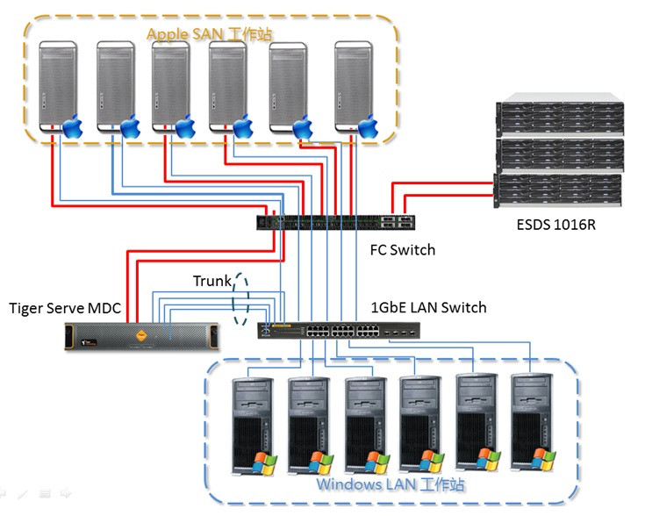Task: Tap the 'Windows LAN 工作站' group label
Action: [x=391, y=484]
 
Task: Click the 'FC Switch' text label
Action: [x=402, y=250]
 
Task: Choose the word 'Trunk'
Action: [x=211, y=282]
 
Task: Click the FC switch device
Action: [x=334, y=223]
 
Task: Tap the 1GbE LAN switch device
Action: [x=338, y=331]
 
